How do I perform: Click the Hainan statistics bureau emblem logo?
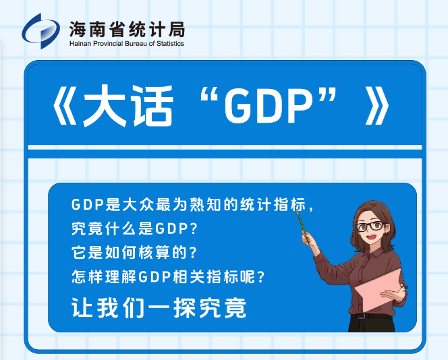click(41, 31)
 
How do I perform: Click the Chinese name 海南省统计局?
click(127, 29)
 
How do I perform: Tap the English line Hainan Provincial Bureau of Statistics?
click(127, 44)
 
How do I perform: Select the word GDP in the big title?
click(268, 107)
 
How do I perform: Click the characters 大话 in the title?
click(128, 106)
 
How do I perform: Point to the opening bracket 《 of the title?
click(65, 106)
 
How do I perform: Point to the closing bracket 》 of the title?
click(377, 106)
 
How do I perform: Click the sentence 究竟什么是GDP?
click(134, 229)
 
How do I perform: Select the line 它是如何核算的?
click(134, 252)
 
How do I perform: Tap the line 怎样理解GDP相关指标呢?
click(168, 276)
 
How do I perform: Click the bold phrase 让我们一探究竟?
click(159, 308)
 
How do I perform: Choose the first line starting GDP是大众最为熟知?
click(192, 204)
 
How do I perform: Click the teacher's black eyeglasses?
click(370, 226)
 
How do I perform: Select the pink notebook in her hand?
click(378, 291)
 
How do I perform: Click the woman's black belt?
click(372, 316)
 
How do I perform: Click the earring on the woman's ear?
click(387, 234)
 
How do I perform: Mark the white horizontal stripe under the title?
click(225, 148)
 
